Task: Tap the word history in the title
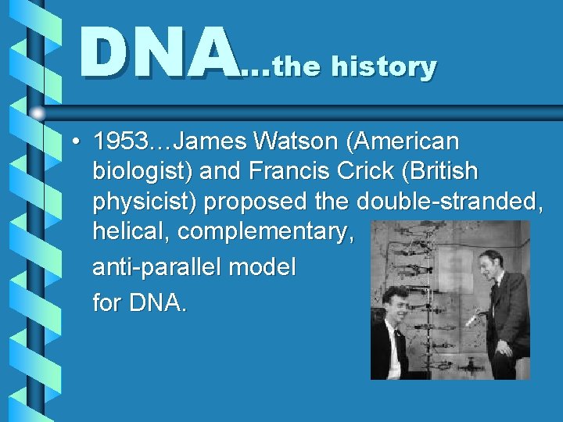coord(383,67)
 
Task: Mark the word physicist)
coord(145,202)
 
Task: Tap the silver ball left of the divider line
coord(38,113)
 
